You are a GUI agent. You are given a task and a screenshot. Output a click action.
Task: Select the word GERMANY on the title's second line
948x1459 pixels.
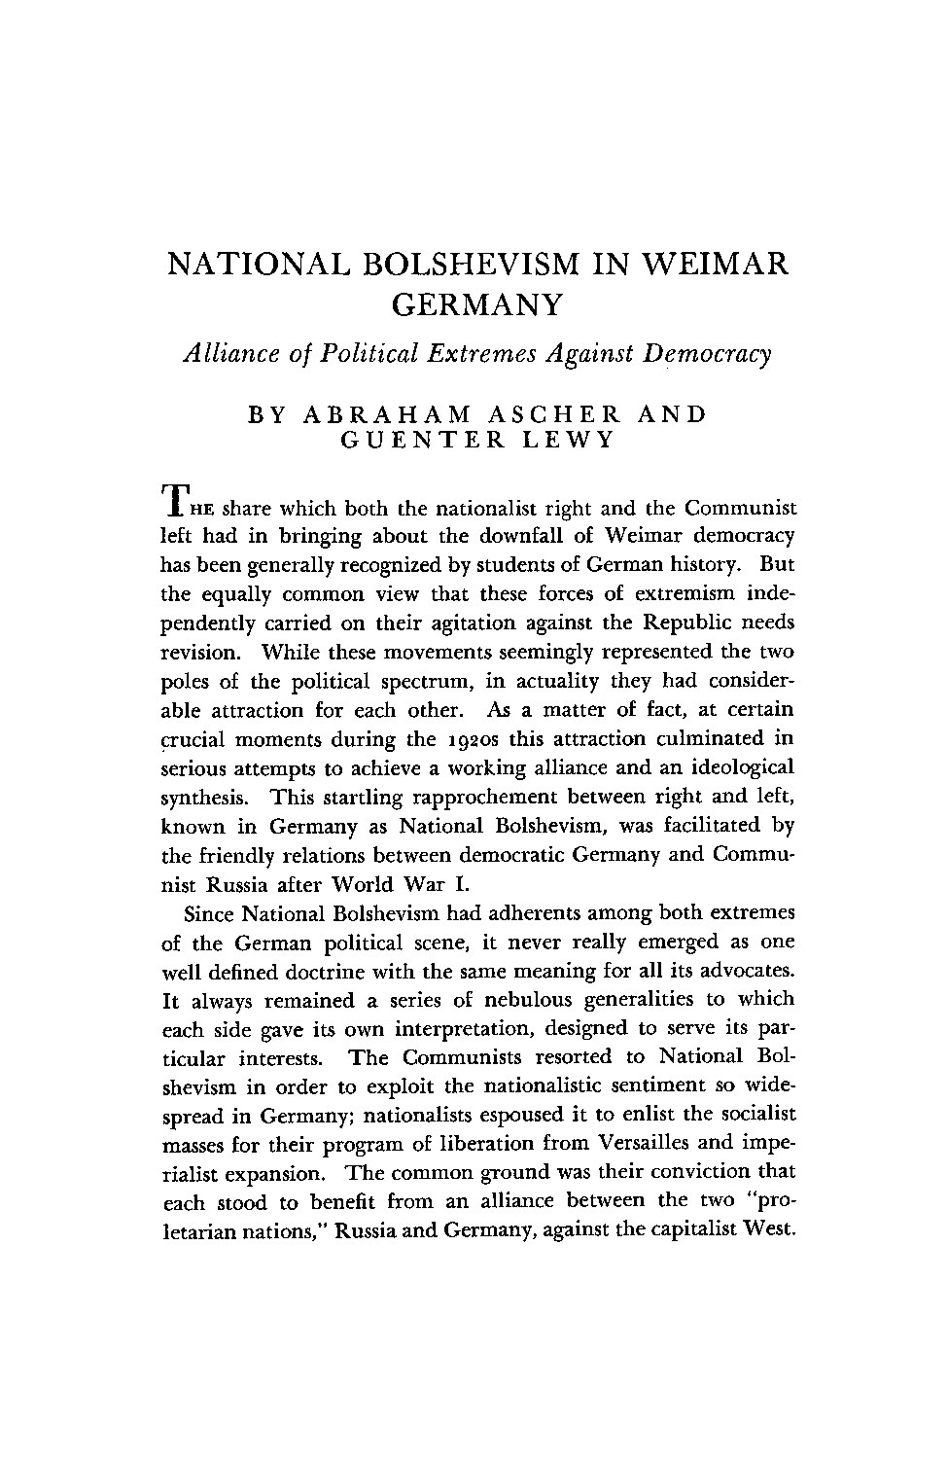476,306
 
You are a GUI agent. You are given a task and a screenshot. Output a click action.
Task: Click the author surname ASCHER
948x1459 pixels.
544,414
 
